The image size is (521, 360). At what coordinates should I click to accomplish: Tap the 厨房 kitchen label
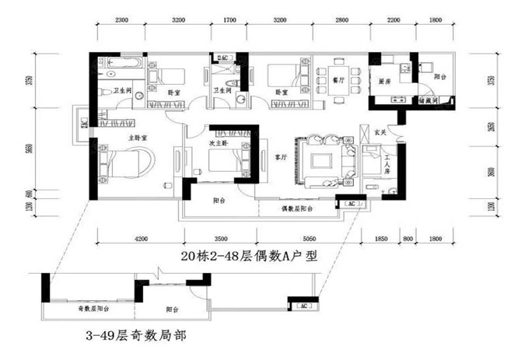click(383, 80)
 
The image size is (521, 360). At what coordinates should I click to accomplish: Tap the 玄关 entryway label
click(380, 131)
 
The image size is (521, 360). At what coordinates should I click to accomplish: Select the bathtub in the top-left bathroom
click(121, 62)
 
